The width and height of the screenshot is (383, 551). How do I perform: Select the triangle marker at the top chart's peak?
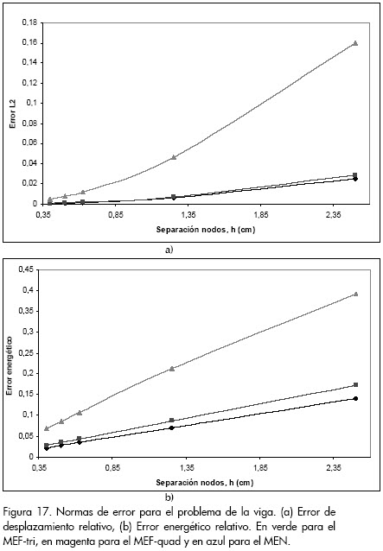(x=355, y=43)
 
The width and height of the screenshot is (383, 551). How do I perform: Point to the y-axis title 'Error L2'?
(x=13, y=113)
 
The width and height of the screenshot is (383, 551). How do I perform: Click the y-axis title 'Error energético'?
(x=10, y=365)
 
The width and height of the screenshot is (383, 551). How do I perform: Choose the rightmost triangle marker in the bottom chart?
(x=355, y=294)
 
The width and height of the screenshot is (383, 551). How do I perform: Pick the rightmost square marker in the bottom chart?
(x=355, y=385)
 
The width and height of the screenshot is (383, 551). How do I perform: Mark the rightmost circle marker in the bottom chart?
(x=355, y=398)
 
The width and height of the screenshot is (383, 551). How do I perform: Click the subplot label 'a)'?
(x=169, y=250)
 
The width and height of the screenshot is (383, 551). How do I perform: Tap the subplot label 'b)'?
(x=169, y=497)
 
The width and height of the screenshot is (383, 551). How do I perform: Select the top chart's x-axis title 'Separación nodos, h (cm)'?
(x=206, y=230)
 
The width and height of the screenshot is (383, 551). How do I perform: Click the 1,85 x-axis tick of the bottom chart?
(x=260, y=468)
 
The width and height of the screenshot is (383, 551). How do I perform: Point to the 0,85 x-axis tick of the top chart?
(x=116, y=215)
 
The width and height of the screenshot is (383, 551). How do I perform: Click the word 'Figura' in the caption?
(x=18, y=512)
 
